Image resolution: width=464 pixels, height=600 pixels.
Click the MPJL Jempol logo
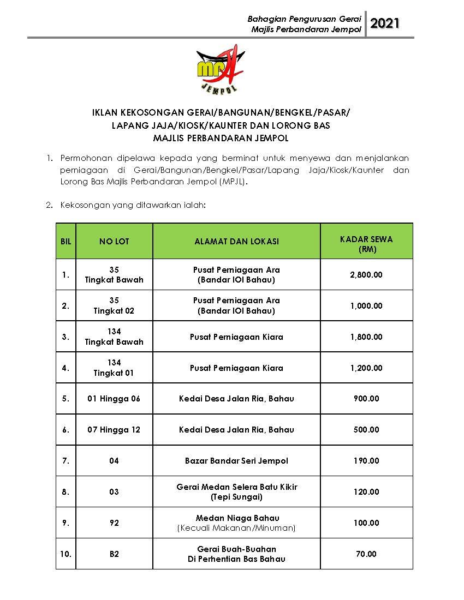[221, 69]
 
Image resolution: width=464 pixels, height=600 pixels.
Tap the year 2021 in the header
[385, 23]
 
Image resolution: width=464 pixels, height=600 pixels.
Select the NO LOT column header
[114, 241]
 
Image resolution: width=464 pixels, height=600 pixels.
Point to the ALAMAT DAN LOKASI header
[236, 241]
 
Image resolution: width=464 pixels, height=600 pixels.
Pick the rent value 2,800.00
[366, 275]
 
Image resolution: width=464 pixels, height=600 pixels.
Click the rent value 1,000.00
[366, 306]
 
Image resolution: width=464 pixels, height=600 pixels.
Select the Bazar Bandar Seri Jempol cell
[236, 461]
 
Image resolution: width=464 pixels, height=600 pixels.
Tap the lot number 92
[114, 523]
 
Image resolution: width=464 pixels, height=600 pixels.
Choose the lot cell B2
[114, 554]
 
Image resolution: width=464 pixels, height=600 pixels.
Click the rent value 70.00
[366, 554]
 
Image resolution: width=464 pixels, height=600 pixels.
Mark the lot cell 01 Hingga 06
[114, 399]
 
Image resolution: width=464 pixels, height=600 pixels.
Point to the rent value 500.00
[366, 430]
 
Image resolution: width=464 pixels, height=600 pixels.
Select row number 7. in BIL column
[66, 461]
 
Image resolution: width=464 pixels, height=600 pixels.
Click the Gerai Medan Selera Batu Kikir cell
[236, 491]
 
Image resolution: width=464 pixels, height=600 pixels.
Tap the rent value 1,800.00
[366, 337]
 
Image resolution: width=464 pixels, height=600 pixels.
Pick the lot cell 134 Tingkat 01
[114, 368]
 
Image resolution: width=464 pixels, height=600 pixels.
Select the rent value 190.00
[366, 461]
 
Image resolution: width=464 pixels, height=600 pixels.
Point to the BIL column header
[66, 241]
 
